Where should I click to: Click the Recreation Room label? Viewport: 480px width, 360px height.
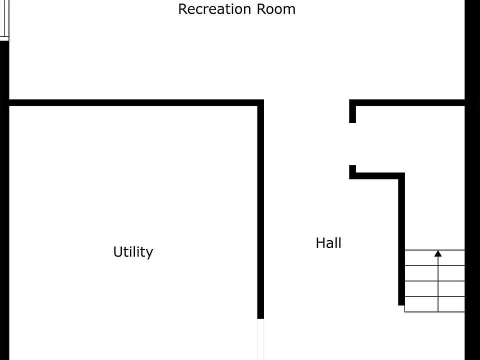(x=236, y=9)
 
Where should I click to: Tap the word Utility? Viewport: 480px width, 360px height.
(x=133, y=252)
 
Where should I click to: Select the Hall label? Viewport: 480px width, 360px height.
(x=328, y=243)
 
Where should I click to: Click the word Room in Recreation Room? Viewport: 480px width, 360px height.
(x=275, y=9)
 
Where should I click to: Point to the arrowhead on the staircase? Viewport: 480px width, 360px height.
(x=438, y=253)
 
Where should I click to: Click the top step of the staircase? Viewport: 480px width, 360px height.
(x=434, y=257)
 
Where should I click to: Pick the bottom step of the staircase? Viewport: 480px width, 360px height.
(x=434, y=304)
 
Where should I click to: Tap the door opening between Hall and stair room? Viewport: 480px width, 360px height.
(x=352, y=144)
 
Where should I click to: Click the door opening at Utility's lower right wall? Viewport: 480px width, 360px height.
(x=260, y=339)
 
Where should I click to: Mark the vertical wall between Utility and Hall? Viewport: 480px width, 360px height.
(x=260, y=210)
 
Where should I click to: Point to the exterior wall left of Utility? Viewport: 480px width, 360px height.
(x=4, y=225)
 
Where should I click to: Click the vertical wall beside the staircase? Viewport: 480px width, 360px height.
(x=401, y=240)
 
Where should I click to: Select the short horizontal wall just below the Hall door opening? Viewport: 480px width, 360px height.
(x=377, y=175)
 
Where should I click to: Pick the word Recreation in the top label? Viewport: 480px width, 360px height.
(x=215, y=9)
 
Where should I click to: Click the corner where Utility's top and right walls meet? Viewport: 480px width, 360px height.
(x=260, y=103)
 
